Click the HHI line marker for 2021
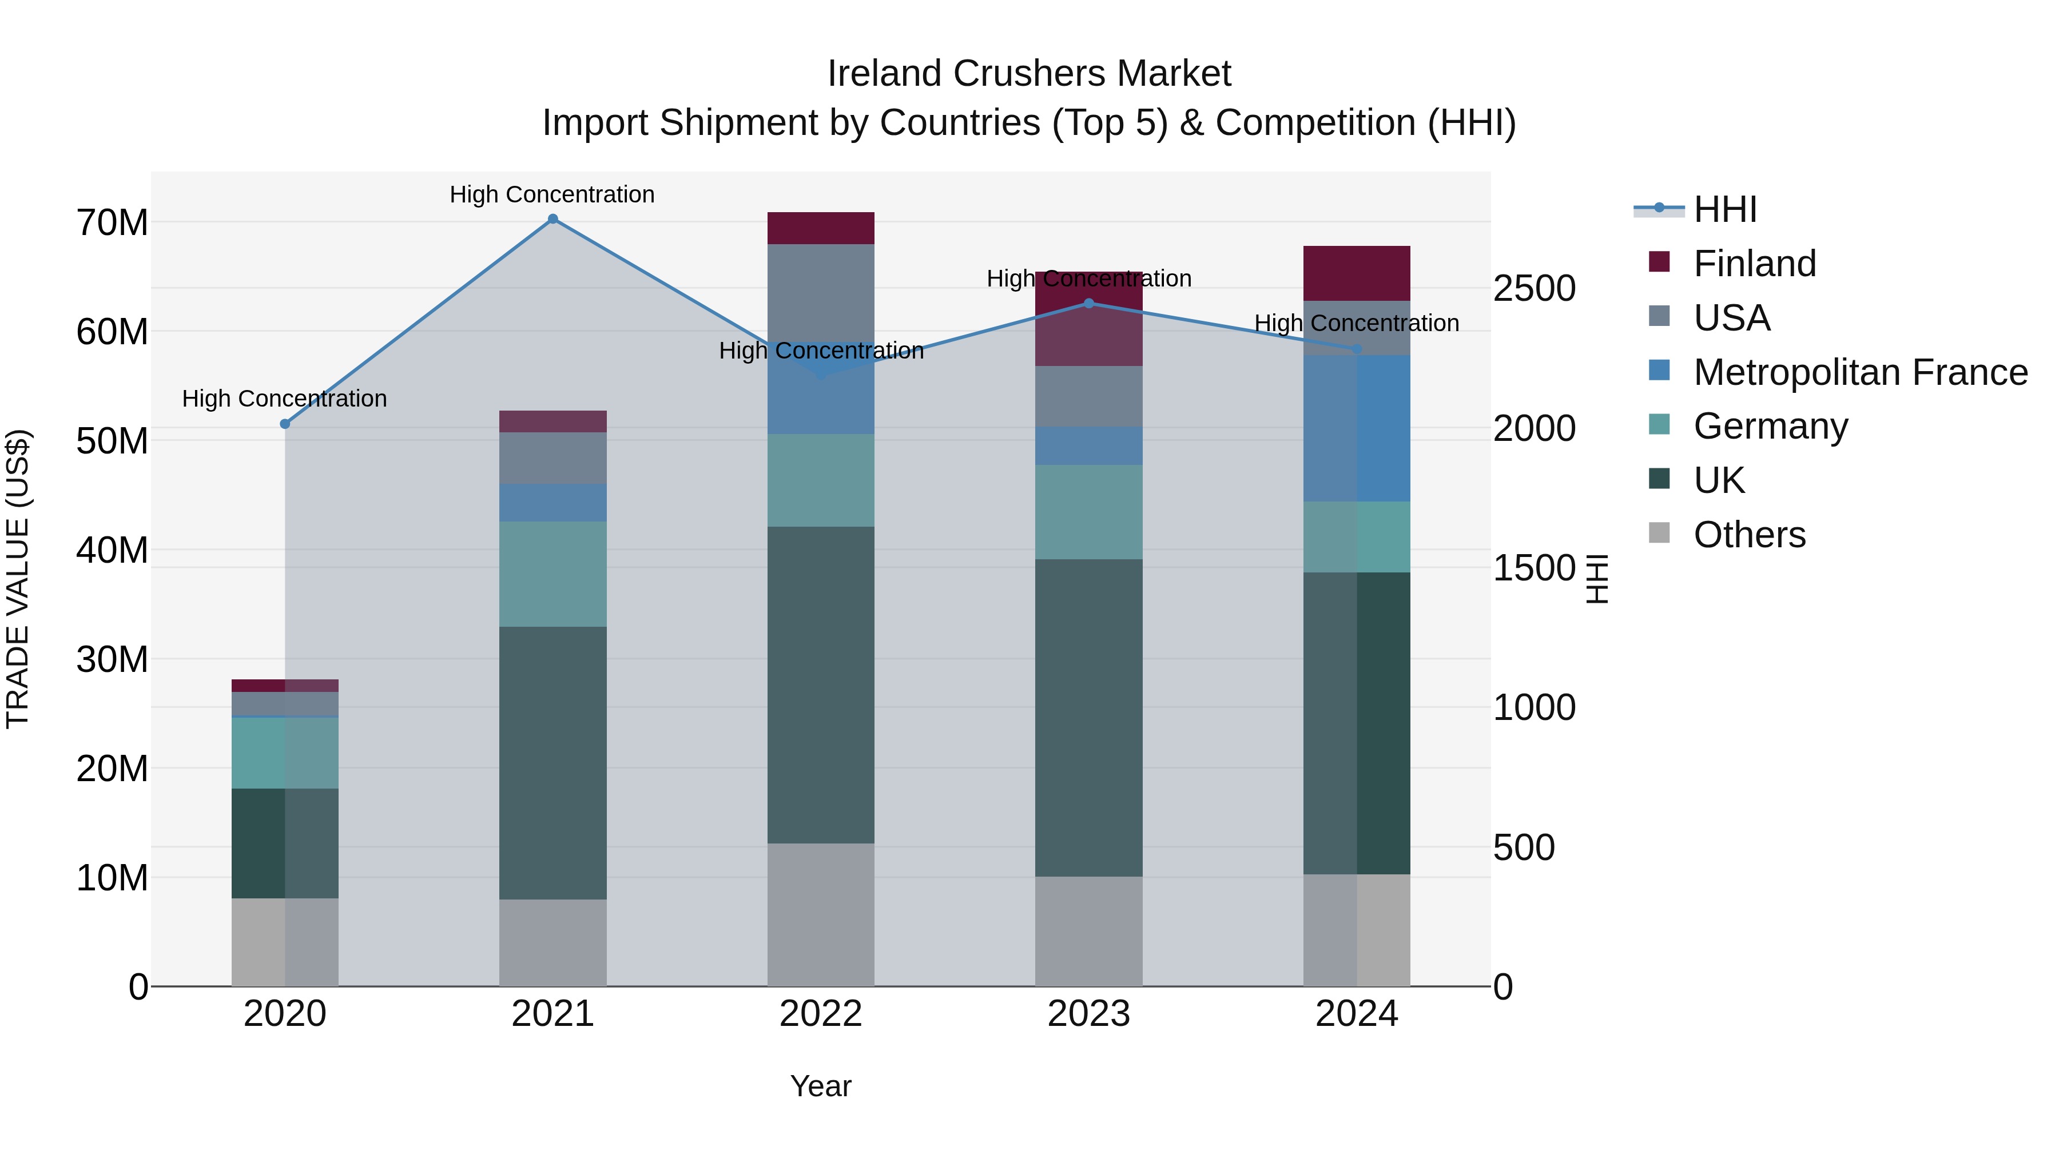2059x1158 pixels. point(552,219)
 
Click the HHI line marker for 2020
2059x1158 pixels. point(285,424)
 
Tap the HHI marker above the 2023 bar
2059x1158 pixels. point(1088,304)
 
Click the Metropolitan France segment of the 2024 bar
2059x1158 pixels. point(1357,428)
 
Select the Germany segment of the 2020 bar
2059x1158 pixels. point(285,753)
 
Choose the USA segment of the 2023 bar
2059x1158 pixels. point(1088,396)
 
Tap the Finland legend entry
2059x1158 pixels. point(1755,264)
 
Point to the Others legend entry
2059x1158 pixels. point(1749,535)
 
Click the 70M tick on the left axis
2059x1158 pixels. point(112,223)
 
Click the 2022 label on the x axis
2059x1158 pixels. point(821,1014)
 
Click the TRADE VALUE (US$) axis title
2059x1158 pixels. point(18,579)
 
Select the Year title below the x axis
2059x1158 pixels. point(821,1086)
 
